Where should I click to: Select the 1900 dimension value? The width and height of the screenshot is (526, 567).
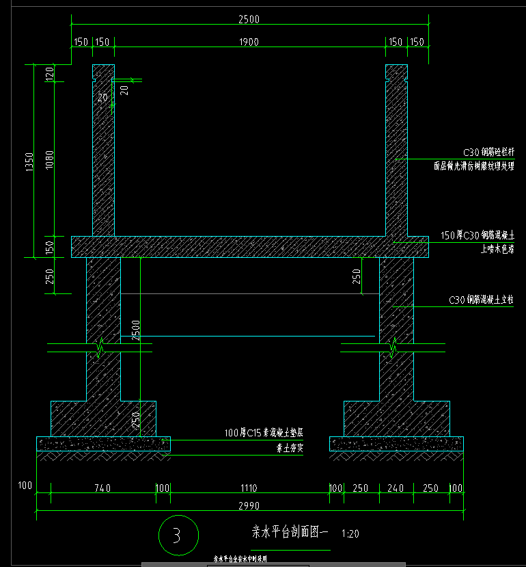pos(249,42)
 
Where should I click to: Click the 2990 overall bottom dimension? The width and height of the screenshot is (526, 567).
pos(249,505)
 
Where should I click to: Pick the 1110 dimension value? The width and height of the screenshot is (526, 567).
pos(249,488)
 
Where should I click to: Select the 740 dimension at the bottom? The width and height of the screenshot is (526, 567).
pos(102,488)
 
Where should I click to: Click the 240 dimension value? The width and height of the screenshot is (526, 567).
pos(396,488)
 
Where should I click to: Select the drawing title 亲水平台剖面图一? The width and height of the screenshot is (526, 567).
pos(291,531)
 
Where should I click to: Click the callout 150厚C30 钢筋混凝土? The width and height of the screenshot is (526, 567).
pos(477,235)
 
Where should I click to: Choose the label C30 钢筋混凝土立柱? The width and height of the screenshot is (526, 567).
pos(480,300)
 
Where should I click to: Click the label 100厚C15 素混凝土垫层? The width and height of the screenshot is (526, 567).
pos(264,433)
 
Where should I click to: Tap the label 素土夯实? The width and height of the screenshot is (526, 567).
pos(289,449)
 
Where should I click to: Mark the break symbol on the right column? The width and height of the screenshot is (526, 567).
pos(394,349)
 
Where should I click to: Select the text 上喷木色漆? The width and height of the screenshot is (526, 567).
pos(497,250)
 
